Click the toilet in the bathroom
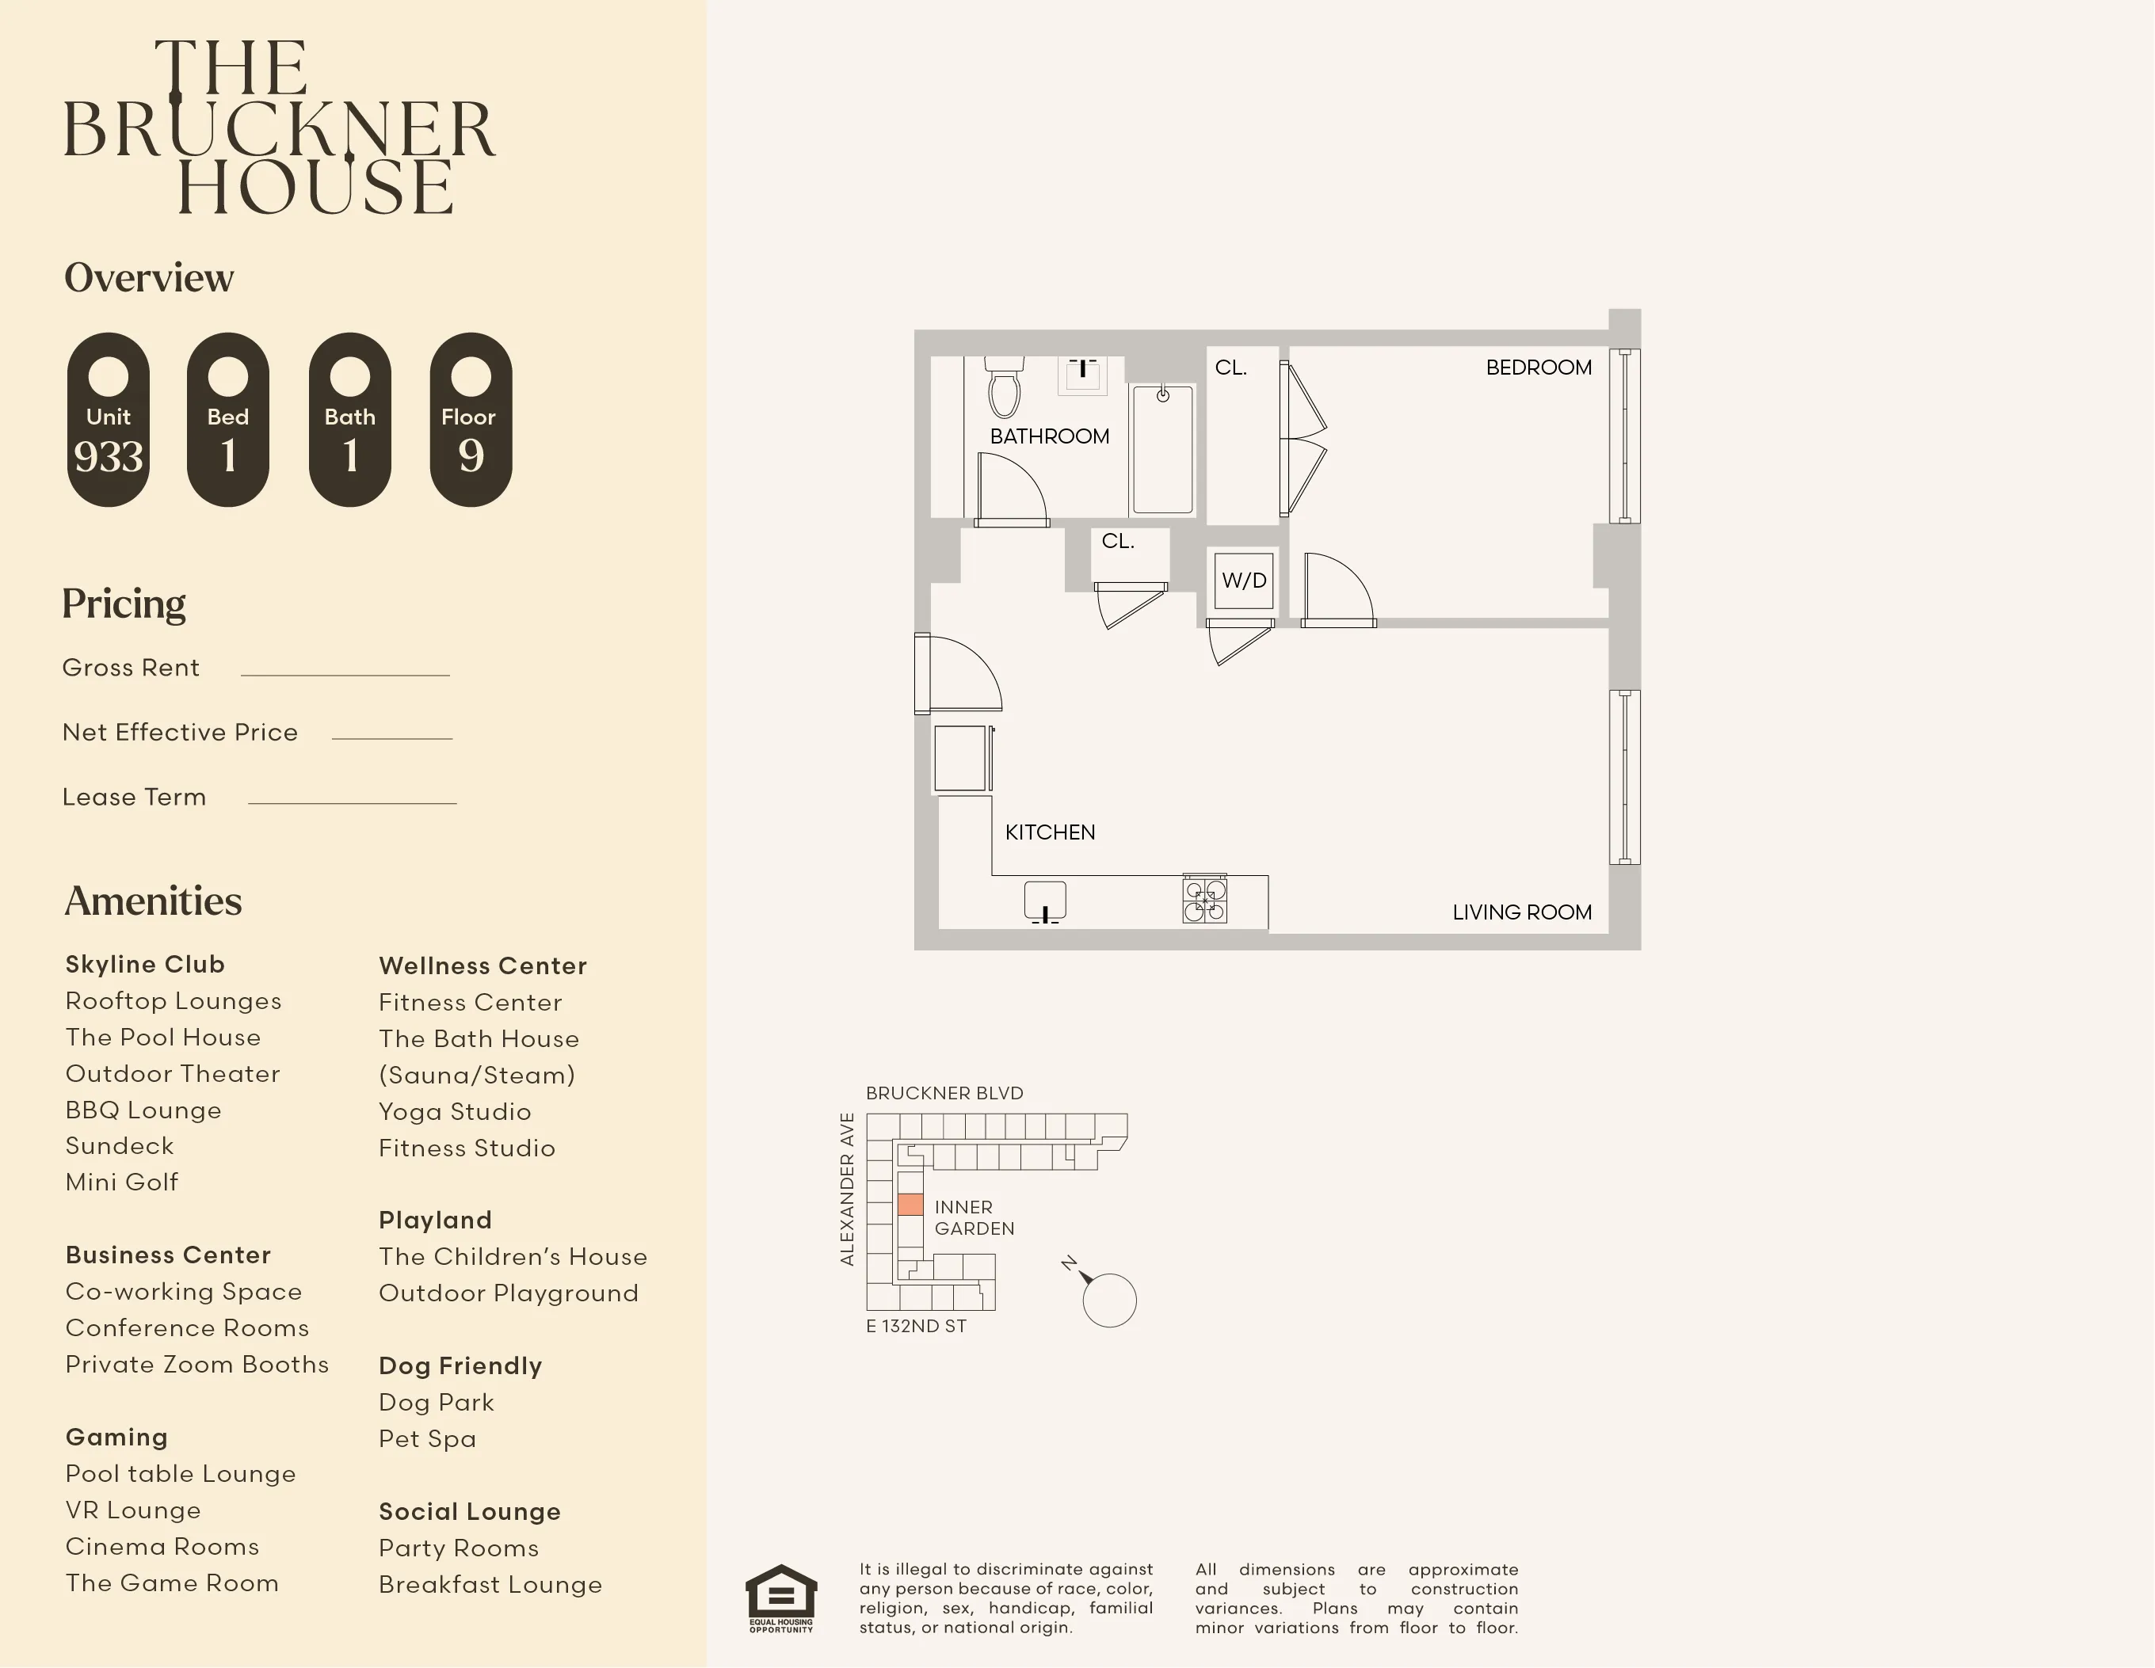1005,390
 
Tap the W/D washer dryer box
1243,580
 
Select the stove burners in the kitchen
1205,900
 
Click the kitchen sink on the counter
1045,901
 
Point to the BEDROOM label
1539,367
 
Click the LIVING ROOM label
1521,912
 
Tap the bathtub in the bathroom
1162,450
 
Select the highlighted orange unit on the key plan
910,1205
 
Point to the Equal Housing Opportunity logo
780,1598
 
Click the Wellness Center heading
482,965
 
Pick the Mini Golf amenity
121,1182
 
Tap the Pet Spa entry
427,1439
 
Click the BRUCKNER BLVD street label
944,1093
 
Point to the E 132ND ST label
916,1327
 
